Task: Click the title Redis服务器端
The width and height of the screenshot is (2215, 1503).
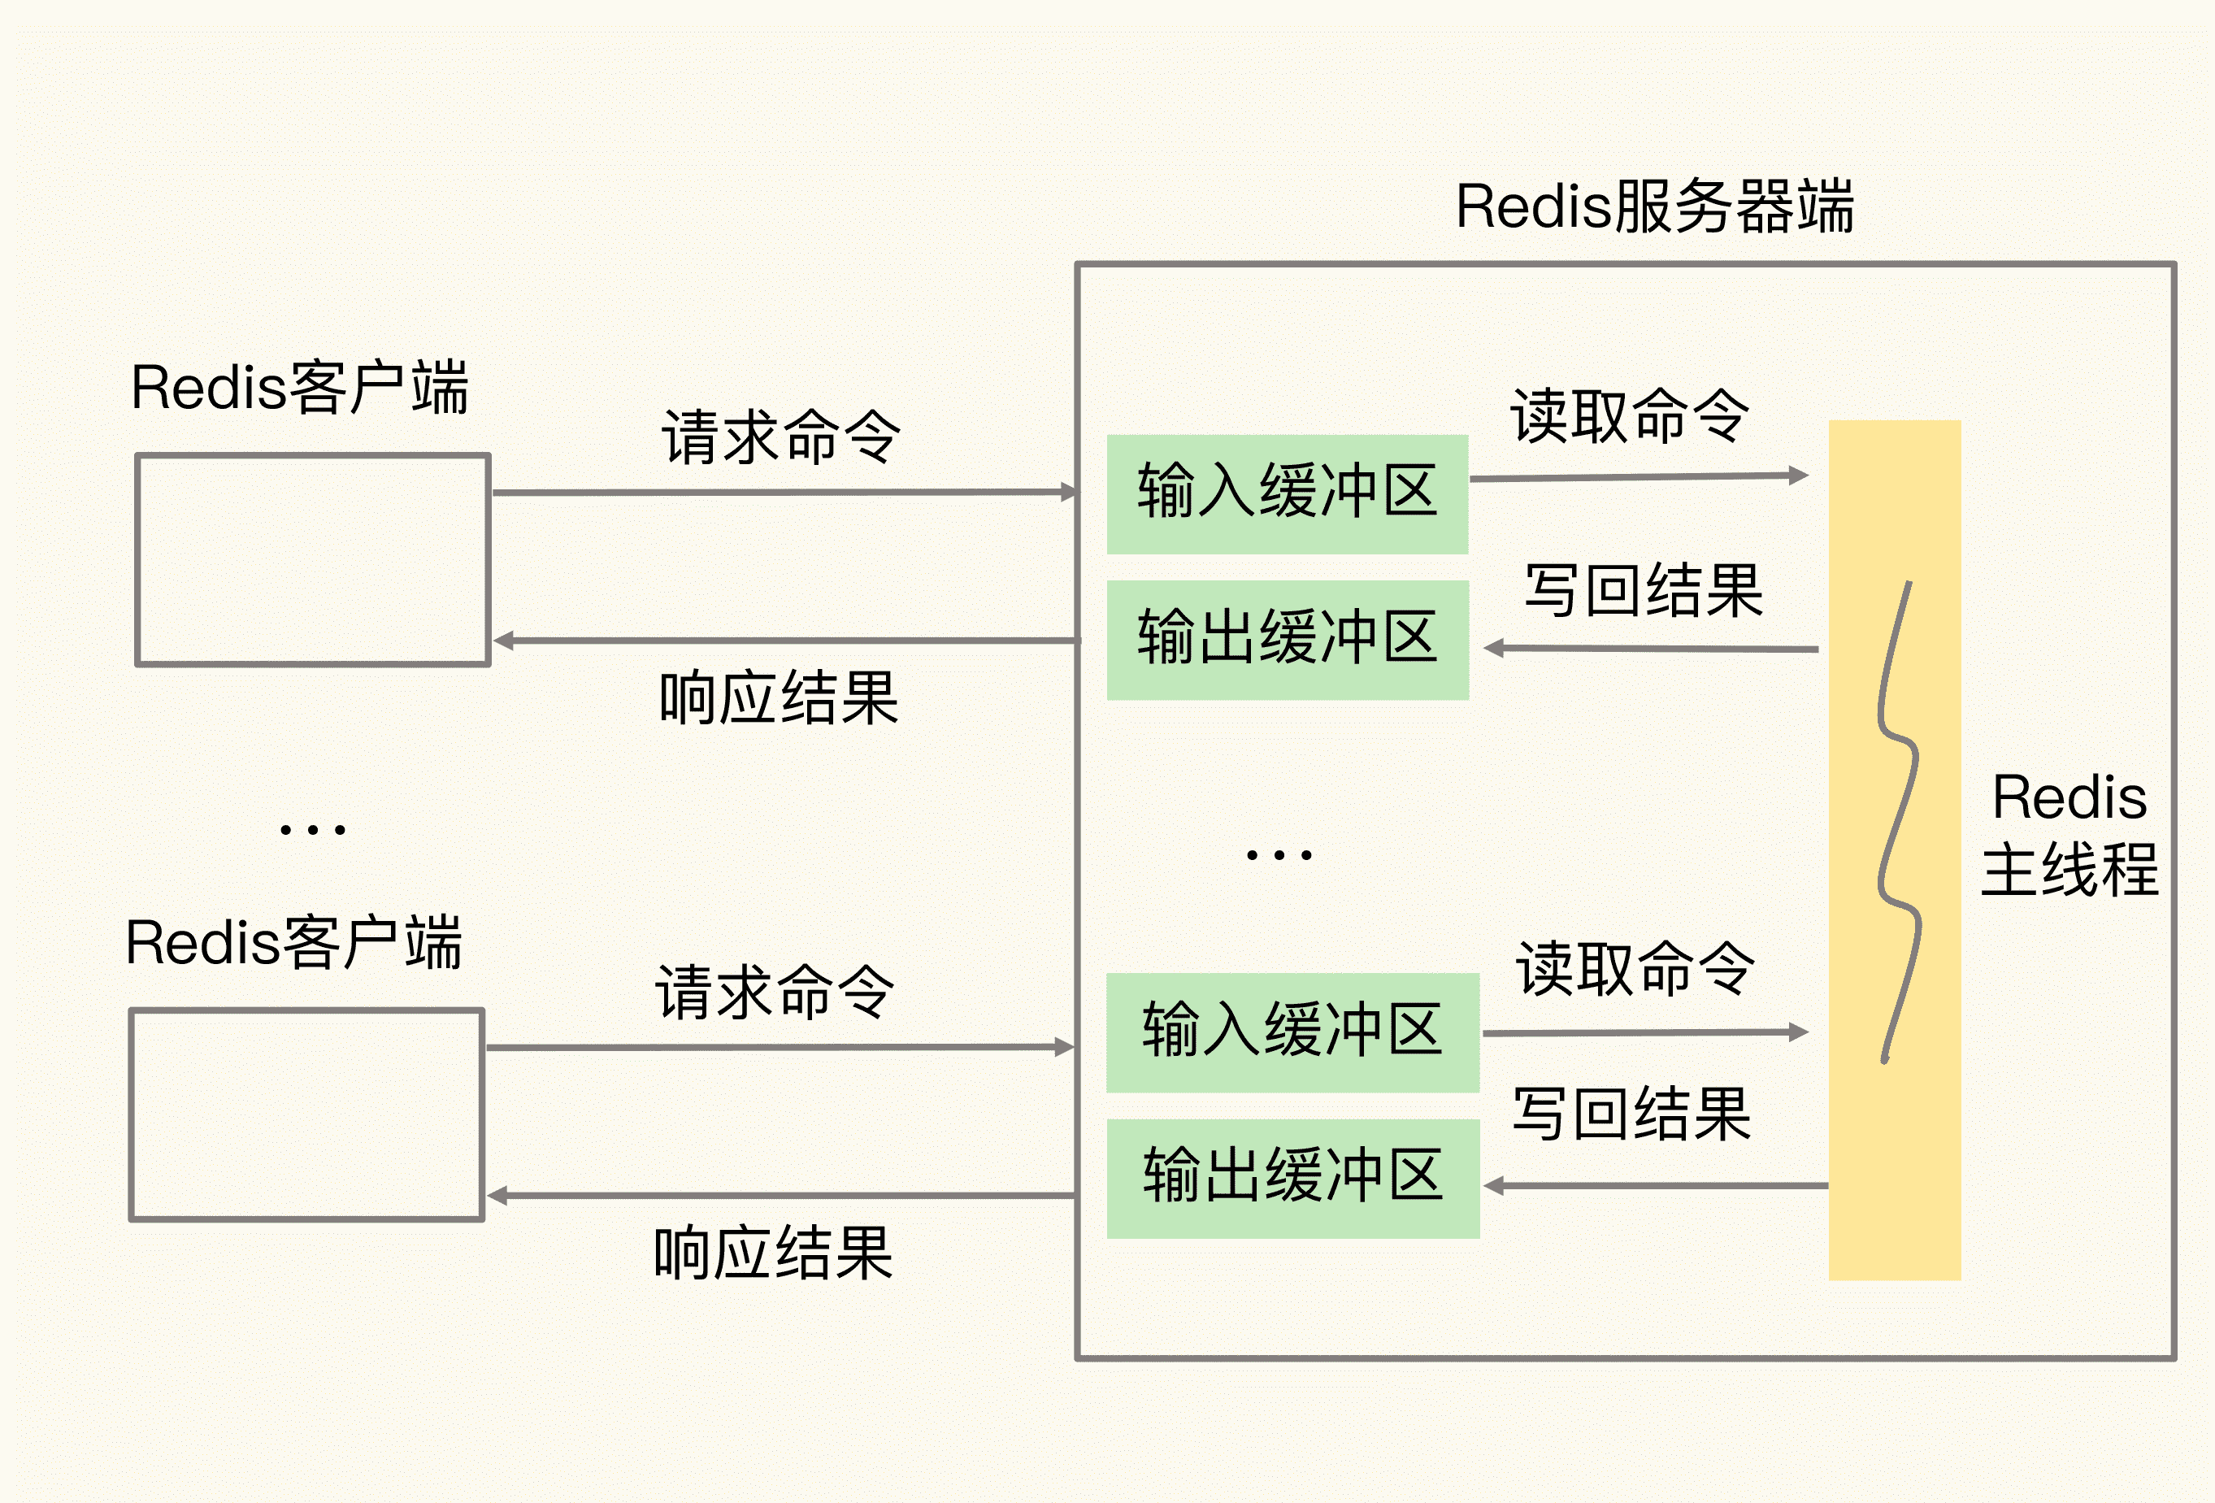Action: tap(1655, 206)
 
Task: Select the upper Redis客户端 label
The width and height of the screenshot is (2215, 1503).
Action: tap(299, 388)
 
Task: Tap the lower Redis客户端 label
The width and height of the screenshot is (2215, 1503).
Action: tap(293, 944)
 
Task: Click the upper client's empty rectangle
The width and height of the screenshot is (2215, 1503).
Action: tap(313, 559)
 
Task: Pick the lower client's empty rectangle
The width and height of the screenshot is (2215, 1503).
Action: tap(307, 1114)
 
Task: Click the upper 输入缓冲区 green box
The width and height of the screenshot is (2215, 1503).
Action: tap(1287, 493)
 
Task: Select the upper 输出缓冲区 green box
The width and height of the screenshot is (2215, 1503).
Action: tap(1287, 640)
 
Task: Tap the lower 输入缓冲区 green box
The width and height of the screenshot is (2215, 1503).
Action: tap(1292, 1032)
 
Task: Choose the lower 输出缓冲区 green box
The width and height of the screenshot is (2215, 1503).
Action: tap(1292, 1178)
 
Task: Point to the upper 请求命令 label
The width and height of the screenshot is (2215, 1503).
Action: tap(780, 438)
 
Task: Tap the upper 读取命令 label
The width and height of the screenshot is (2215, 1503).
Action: tap(1630, 416)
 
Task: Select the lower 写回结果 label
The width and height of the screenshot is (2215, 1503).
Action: tap(1631, 1114)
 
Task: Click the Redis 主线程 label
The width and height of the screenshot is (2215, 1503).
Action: tap(2070, 835)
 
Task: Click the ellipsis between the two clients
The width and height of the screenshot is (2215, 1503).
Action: tap(313, 830)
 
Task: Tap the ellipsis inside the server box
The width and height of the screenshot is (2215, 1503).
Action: tap(1279, 855)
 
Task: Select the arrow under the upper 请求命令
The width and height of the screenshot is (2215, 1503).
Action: tap(781, 493)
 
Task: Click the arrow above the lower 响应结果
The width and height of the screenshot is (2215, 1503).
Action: tap(781, 1195)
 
